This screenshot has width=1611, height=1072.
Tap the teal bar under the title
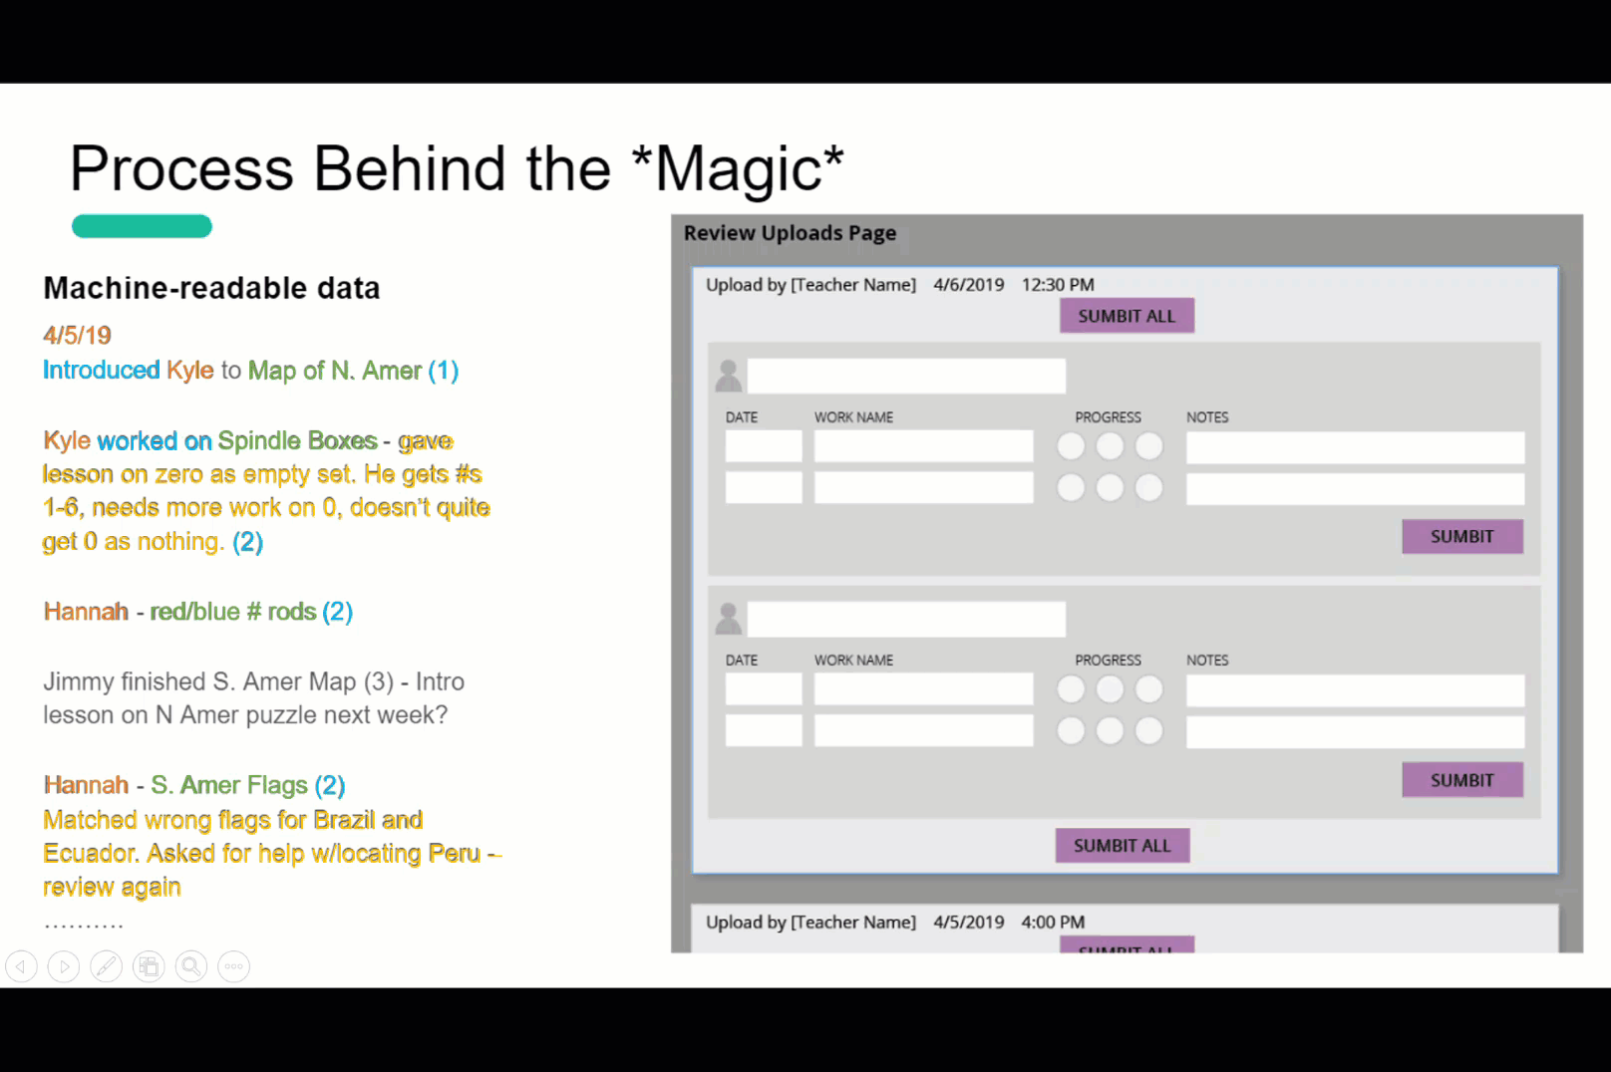point(142,226)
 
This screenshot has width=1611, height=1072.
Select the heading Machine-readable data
point(211,288)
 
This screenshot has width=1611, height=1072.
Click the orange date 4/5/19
point(77,335)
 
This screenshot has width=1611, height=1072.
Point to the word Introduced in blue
point(102,370)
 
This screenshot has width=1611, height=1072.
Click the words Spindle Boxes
point(298,440)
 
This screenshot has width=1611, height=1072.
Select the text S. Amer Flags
point(229,784)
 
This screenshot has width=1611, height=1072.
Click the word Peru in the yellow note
point(454,853)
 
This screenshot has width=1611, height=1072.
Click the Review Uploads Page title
point(790,233)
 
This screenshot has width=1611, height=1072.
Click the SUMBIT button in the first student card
point(1462,536)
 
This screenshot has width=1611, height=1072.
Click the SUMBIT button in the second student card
point(1462,780)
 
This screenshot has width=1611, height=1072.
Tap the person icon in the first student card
point(729,376)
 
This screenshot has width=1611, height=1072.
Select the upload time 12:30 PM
point(1058,285)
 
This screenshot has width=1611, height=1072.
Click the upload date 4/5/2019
point(969,922)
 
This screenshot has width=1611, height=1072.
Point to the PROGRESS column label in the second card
point(1108,660)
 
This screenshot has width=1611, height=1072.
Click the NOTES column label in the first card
point(1207,417)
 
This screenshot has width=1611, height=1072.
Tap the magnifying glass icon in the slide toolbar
point(191,966)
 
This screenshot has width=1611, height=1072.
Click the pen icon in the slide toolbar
point(107,966)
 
